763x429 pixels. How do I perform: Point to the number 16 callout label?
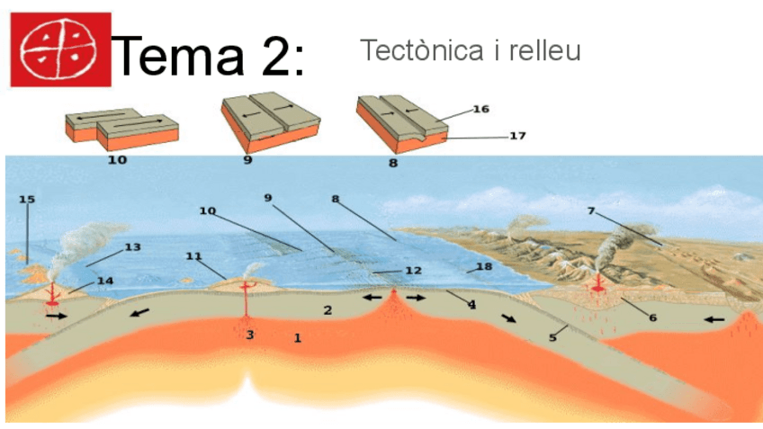480,110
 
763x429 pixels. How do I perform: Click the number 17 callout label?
517,137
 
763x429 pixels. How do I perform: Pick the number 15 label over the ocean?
27,200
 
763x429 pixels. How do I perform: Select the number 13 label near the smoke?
132,246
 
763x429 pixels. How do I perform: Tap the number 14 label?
104,281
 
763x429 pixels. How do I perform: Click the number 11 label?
193,256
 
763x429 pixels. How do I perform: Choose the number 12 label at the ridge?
413,270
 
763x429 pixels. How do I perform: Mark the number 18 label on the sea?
484,267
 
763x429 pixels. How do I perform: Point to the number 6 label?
652,317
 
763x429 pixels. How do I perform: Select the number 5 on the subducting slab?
553,338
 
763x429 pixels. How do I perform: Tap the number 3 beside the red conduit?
250,335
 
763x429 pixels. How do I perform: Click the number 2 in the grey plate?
328,310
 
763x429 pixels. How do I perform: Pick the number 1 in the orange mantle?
297,338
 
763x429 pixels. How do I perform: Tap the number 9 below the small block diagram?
247,161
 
